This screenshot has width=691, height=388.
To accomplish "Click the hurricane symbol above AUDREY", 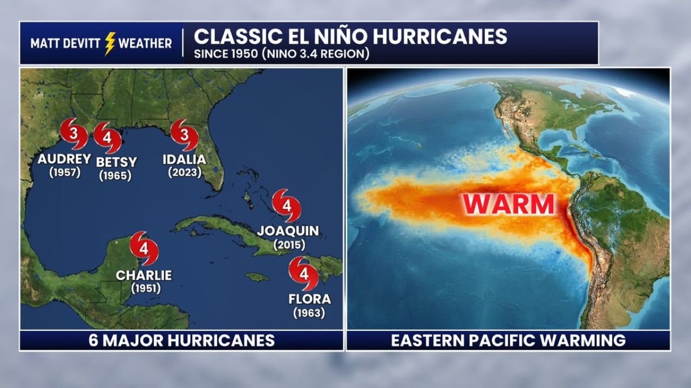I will (x=74, y=133).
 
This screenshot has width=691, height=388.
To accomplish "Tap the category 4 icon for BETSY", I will (x=107, y=137).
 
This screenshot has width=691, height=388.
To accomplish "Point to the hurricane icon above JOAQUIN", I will (x=286, y=205).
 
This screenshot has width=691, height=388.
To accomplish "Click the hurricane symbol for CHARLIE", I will (x=144, y=248).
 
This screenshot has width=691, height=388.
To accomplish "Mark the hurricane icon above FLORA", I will (x=303, y=273).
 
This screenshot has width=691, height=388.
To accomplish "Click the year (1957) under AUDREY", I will (x=64, y=172).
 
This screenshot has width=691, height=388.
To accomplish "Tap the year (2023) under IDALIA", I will (x=185, y=172).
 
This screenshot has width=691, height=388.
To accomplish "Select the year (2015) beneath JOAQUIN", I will (x=289, y=245).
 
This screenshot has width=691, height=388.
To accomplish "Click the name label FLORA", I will (x=309, y=299).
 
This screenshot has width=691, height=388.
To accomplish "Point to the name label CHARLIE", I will (x=144, y=275).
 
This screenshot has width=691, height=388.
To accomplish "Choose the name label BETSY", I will (x=116, y=162).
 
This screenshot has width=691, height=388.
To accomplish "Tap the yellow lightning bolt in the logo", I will (x=110, y=44).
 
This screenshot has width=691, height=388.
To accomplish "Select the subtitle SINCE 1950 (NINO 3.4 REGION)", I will (x=281, y=54).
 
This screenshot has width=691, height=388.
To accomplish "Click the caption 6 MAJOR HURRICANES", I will (x=181, y=340).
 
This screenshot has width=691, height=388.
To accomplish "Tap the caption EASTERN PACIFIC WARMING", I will (x=508, y=340).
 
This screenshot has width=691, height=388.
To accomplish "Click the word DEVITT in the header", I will (x=82, y=44).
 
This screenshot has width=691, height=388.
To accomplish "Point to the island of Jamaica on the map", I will (x=258, y=277).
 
